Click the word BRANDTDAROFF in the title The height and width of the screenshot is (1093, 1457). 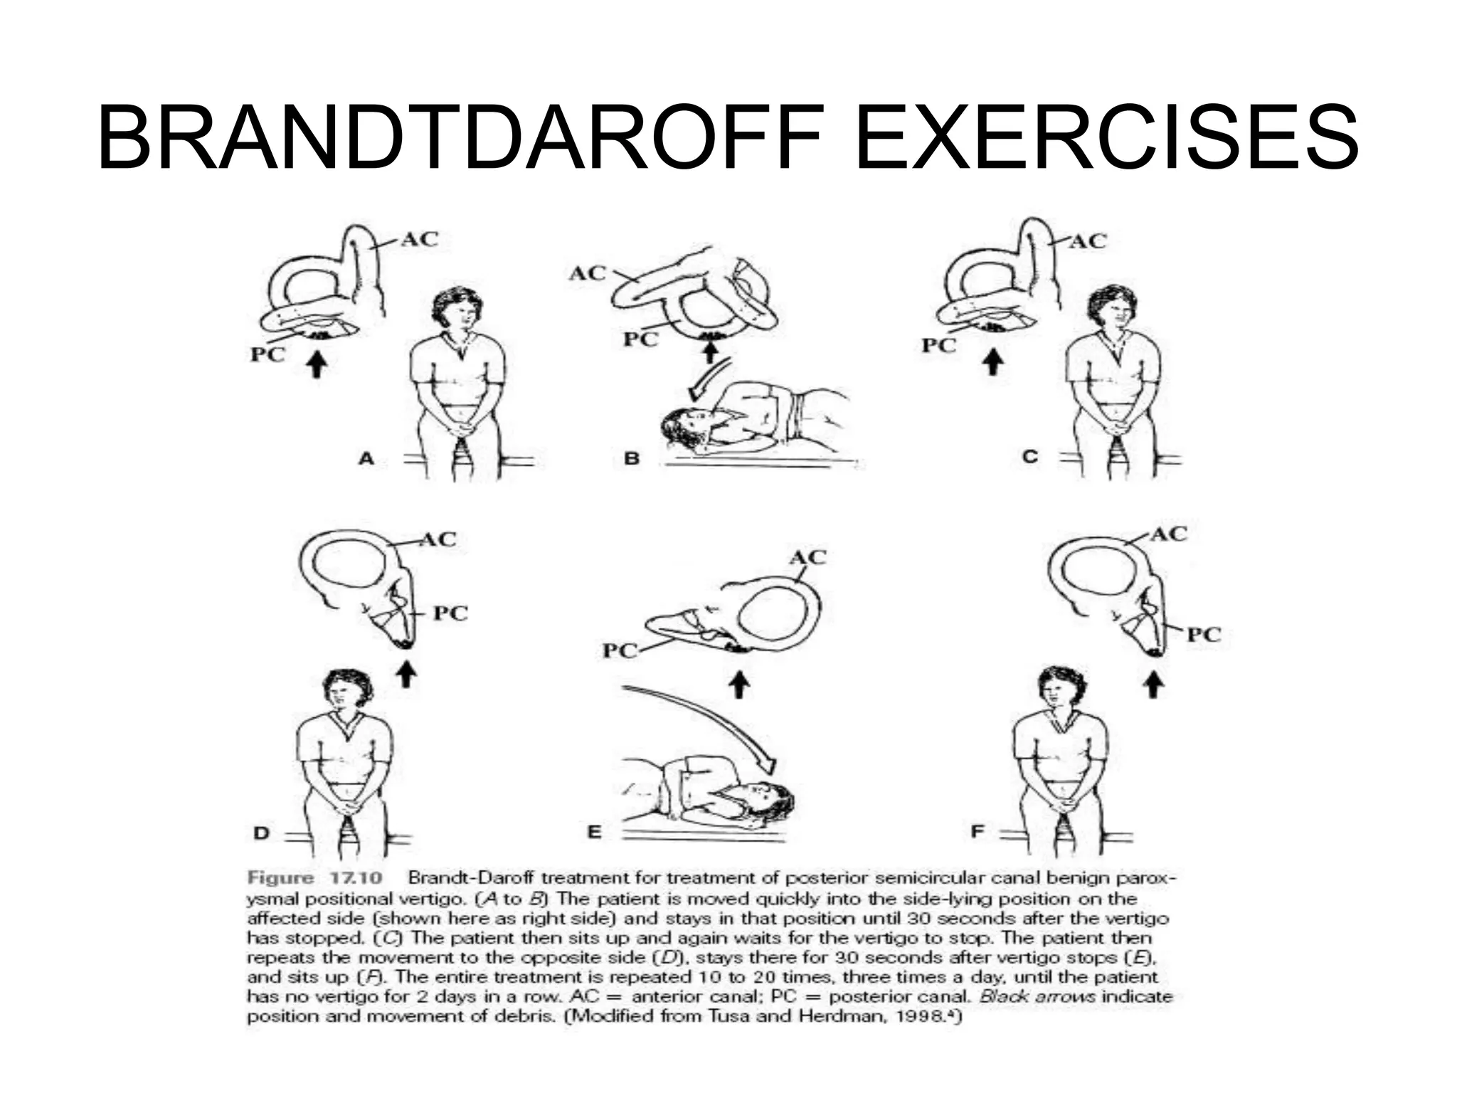coord(460,137)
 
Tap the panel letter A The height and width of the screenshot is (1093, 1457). coord(366,458)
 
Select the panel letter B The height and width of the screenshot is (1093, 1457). coord(631,458)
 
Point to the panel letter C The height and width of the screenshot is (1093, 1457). coord(1029,456)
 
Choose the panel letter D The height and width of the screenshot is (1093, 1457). coord(262,833)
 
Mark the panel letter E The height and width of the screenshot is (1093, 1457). coord(594,832)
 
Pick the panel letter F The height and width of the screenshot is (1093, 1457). coord(977,830)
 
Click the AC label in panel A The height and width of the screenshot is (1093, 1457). coord(419,239)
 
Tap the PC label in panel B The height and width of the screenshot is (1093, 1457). coord(640,339)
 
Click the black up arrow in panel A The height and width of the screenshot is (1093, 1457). coord(317,365)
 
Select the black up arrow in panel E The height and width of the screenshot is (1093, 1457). coord(740,685)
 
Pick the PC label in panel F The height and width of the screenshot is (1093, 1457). coord(1203,634)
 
